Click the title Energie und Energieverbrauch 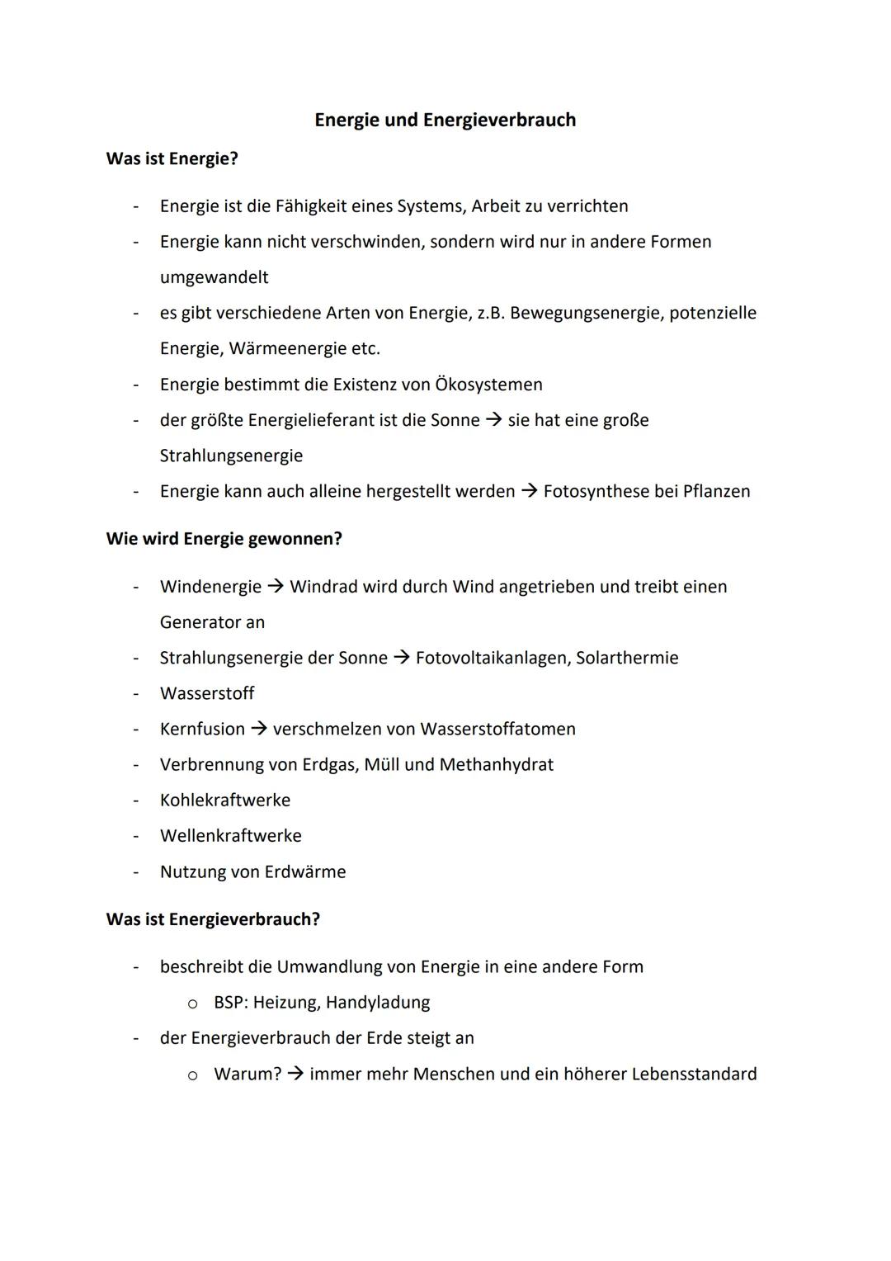coord(445,120)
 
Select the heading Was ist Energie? coord(172,158)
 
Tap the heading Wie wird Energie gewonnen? coord(224,539)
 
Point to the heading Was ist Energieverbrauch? coord(213,919)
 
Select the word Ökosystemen coord(488,385)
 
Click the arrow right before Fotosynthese coord(529,492)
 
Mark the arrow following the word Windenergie coord(276,587)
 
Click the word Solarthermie coord(627,658)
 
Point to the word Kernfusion coord(202,730)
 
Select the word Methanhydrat coord(496,765)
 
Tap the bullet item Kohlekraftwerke coord(225,801)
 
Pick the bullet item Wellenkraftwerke coord(231,836)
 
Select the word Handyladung coord(378,1003)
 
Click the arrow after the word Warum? coord(295,1074)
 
